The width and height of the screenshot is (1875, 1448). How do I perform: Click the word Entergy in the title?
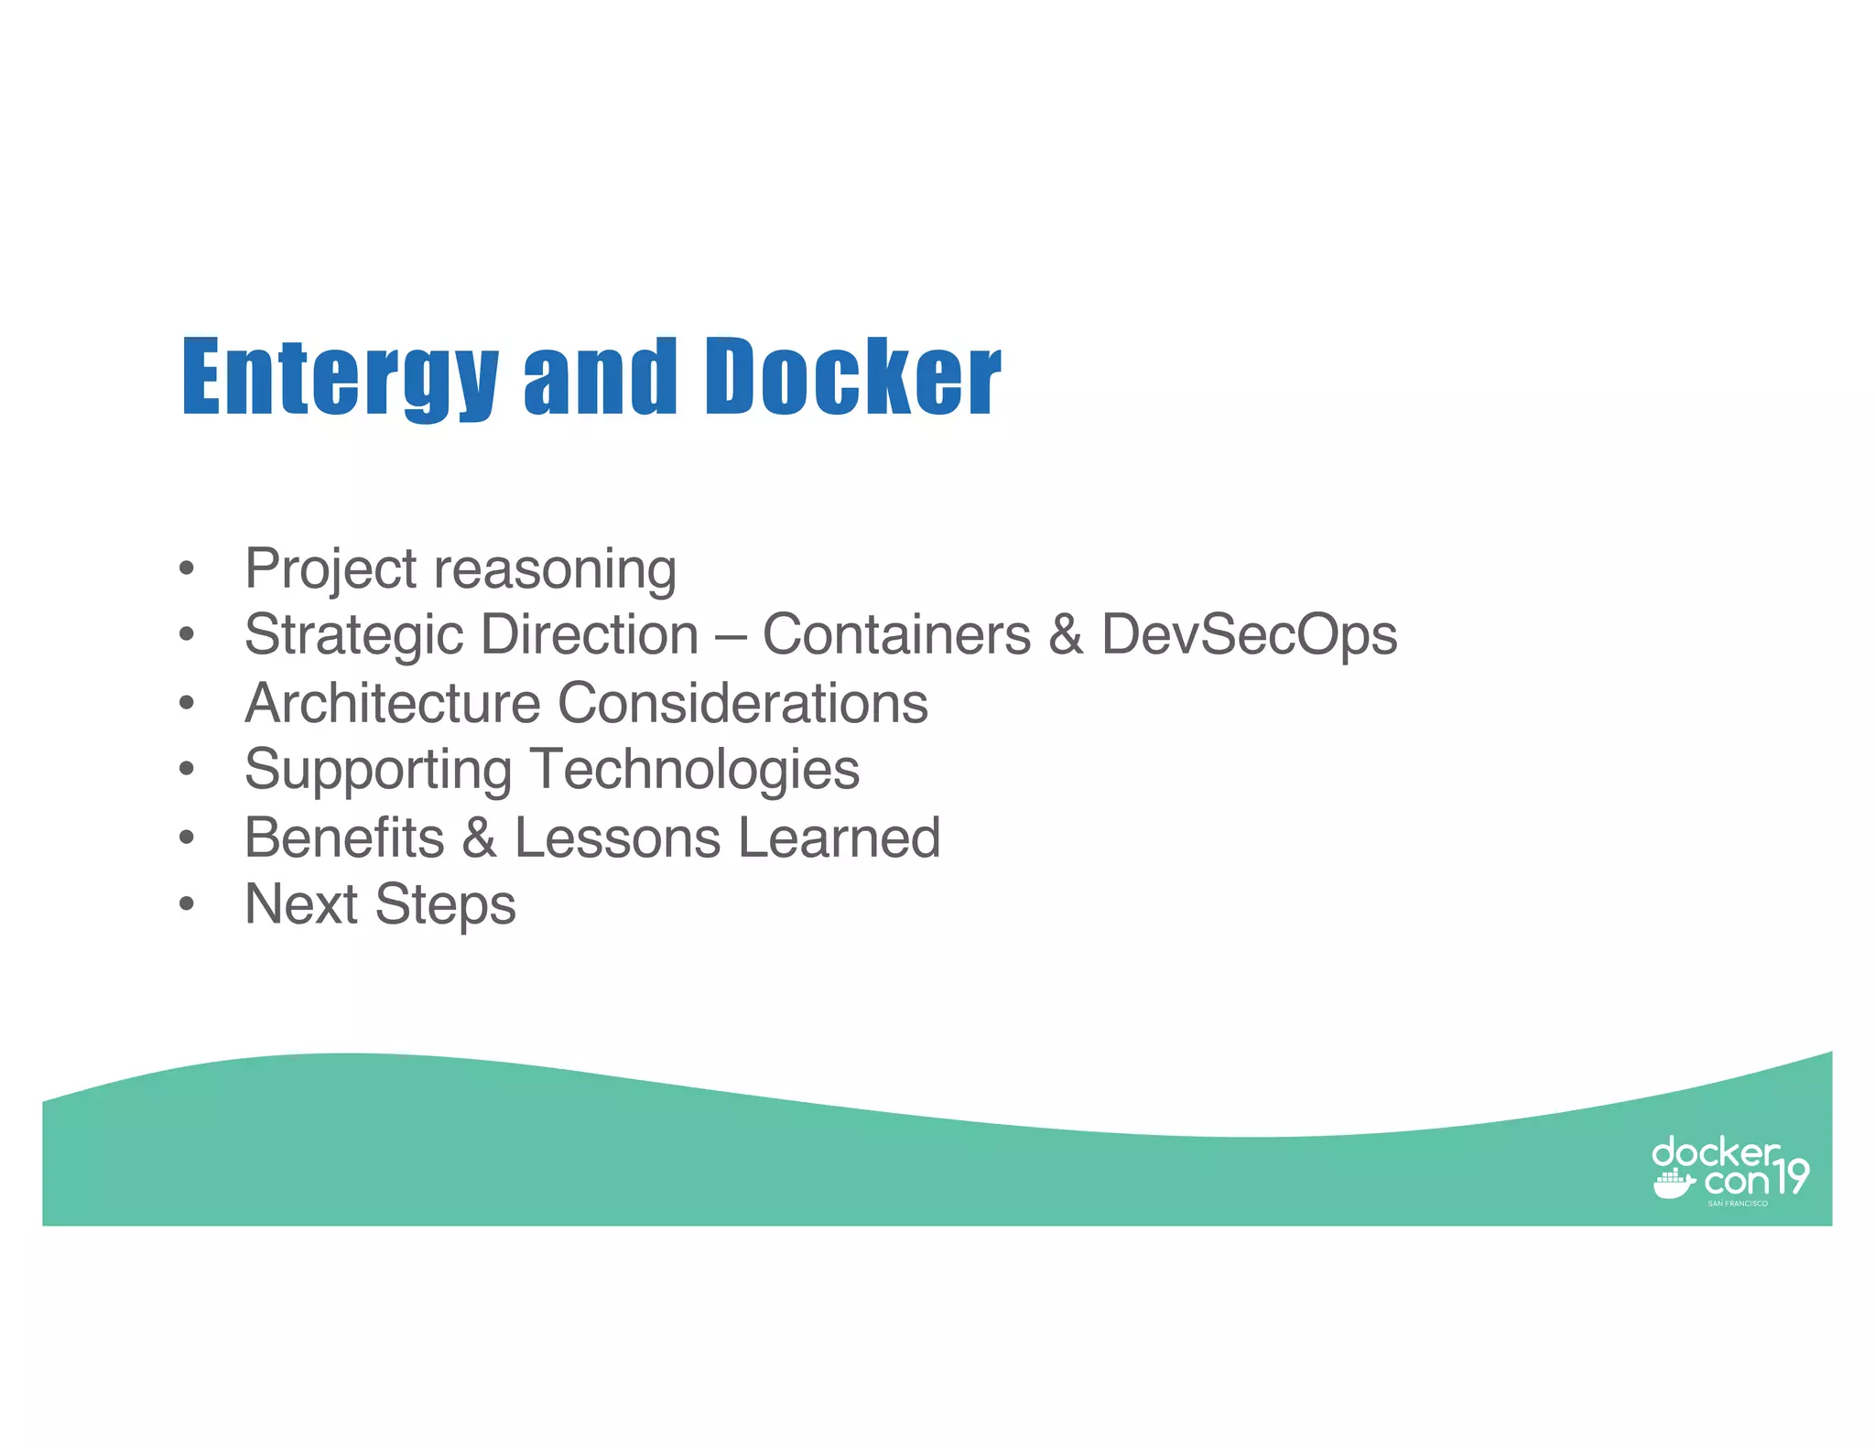pyautogui.click(x=340, y=377)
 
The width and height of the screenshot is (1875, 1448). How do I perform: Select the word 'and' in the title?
pyautogui.click(x=600, y=377)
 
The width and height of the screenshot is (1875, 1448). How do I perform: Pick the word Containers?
pyautogui.click(x=896, y=634)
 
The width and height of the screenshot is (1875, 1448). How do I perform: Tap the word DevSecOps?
pyautogui.click(x=1249, y=636)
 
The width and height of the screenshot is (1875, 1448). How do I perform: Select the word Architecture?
pyautogui.click(x=393, y=703)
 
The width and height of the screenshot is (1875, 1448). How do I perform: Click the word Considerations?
pyautogui.click(x=742, y=703)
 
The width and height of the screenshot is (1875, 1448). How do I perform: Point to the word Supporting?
pyautogui.click(x=378, y=771)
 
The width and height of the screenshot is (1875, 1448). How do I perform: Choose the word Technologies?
pyautogui.click(x=695, y=771)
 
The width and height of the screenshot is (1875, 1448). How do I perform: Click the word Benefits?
pyautogui.click(x=344, y=837)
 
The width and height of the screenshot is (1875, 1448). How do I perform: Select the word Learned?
pyautogui.click(x=840, y=837)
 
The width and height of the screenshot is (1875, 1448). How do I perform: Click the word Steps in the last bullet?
pyautogui.click(x=446, y=905)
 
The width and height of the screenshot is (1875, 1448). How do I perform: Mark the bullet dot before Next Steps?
pyautogui.click(x=187, y=905)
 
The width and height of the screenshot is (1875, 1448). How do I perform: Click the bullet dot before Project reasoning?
pyautogui.click(x=187, y=568)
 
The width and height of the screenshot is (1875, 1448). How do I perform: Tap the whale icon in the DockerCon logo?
pyautogui.click(x=1674, y=1184)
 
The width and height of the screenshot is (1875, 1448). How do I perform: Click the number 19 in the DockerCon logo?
pyautogui.click(x=1790, y=1177)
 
